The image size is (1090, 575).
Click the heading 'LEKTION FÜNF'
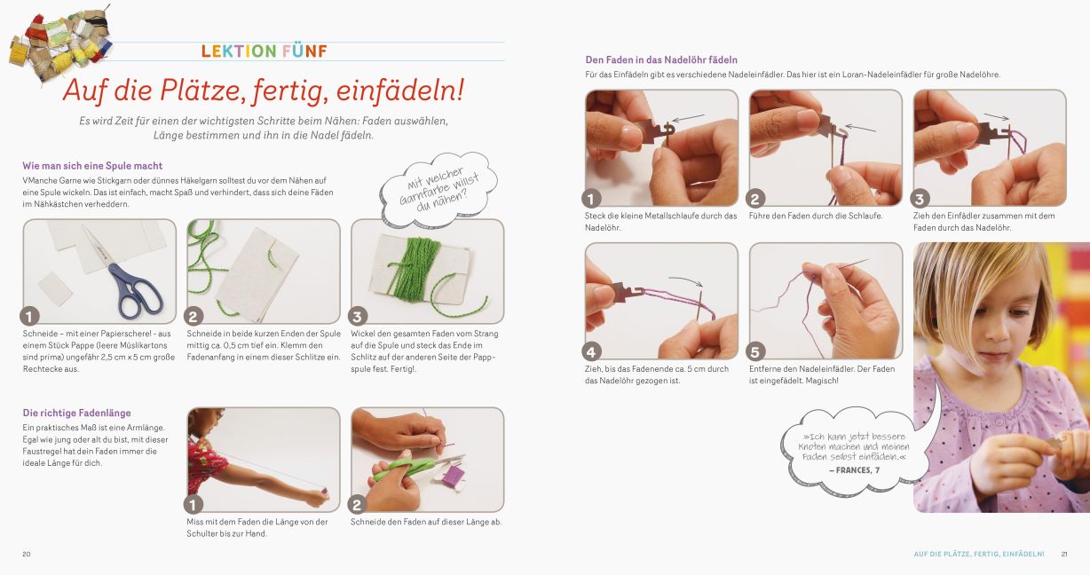coord(265,51)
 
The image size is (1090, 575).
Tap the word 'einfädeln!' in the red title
coord(400,91)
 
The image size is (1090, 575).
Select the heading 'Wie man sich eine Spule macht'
coord(92,166)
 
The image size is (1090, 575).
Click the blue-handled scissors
coord(125,276)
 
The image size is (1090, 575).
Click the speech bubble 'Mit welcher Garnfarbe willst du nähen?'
coord(438,190)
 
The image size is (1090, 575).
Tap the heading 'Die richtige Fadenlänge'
coord(77,413)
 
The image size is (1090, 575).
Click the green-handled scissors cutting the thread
coord(414,466)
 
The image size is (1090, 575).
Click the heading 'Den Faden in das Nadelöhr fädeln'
coord(661,59)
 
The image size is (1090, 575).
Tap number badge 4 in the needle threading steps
coord(591,351)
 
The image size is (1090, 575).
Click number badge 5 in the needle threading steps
coord(755,351)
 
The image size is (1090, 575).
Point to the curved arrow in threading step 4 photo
coord(685,280)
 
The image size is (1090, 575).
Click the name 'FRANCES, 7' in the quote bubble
coord(855,470)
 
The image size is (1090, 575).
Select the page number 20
coord(27,554)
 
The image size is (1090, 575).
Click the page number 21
coord(1064,554)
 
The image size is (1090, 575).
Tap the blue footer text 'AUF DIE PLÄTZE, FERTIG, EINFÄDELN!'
coord(979,554)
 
